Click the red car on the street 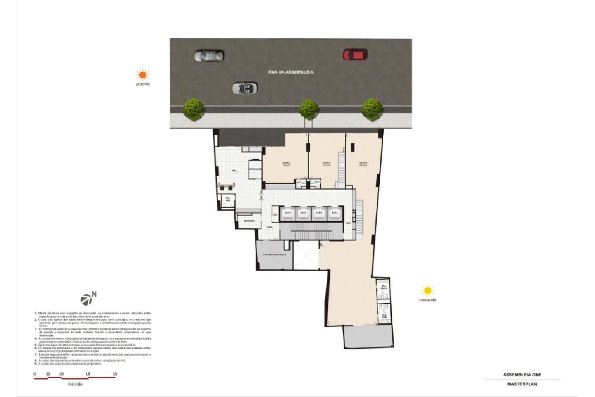point(355,55)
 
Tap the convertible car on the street point(244,88)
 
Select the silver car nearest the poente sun point(209,56)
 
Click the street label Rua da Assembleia point(291,72)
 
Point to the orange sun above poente point(143,74)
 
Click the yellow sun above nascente point(427,290)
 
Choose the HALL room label point(235,171)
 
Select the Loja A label point(363,163)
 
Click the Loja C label point(286,163)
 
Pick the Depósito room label point(249,221)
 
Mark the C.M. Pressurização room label point(274,255)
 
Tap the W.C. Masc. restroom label point(384,287)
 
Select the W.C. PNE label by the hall point(228,199)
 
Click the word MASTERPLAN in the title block point(522,384)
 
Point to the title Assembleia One point(522,375)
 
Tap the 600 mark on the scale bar point(115,374)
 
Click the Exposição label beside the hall point(255,169)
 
